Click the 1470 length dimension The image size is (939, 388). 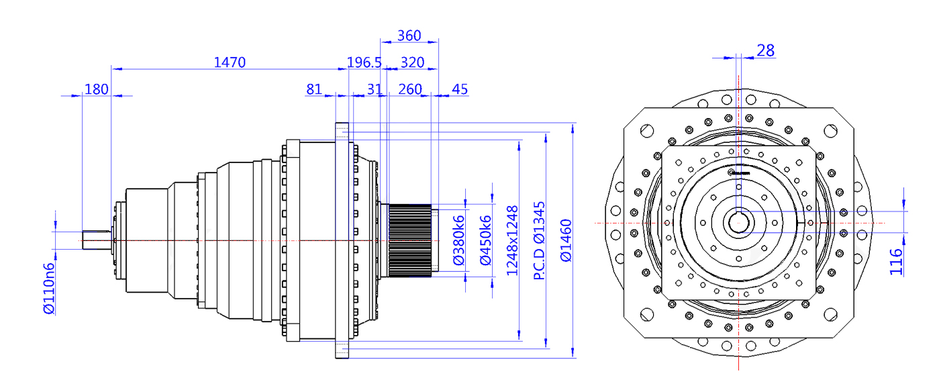230,62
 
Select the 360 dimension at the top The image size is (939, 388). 409,35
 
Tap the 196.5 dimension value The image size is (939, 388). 364,62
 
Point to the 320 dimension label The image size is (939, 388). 412,62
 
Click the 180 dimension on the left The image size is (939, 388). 97,89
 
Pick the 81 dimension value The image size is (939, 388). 313,89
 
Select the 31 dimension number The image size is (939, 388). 375,89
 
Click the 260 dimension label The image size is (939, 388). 410,89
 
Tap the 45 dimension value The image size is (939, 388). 460,89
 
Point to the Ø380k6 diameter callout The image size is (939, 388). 460,240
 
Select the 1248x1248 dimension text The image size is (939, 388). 513,240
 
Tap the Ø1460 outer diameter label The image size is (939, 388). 565,240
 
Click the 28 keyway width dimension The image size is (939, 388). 765,50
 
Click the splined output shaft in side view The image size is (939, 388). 409,240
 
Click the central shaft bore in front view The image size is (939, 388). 738,222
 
